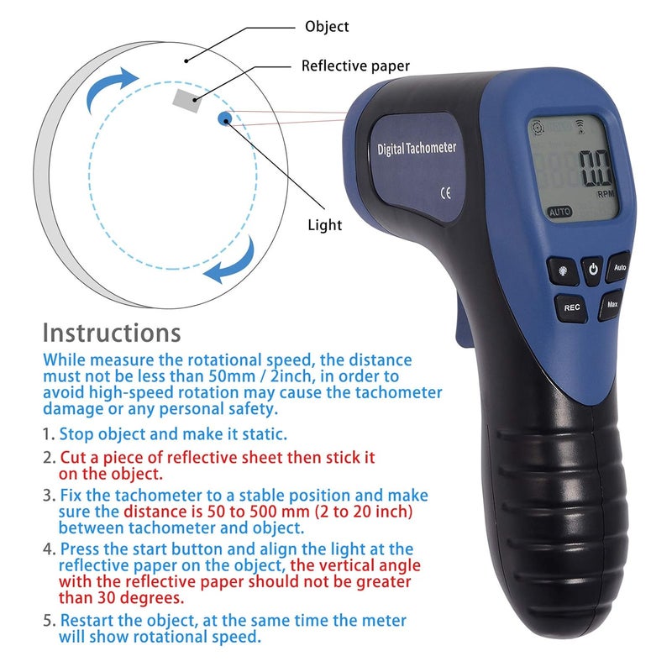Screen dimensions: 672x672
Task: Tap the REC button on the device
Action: (x=572, y=307)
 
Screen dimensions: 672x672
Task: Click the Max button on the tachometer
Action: (x=612, y=304)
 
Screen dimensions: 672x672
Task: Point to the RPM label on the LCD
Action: (x=606, y=193)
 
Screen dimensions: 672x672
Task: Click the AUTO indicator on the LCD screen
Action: (x=560, y=213)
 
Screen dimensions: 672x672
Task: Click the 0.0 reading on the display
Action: (x=596, y=167)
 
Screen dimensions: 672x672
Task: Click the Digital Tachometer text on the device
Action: (x=417, y=149)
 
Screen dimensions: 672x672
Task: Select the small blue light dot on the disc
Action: (x=224, y=119)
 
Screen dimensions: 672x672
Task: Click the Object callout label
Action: (x=326, y=27)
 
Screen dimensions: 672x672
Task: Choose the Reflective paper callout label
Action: (x=355, y=66)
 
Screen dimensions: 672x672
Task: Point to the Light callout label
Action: (x=324, y=224)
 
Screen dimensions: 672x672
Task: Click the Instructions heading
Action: (x=112, y=333)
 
